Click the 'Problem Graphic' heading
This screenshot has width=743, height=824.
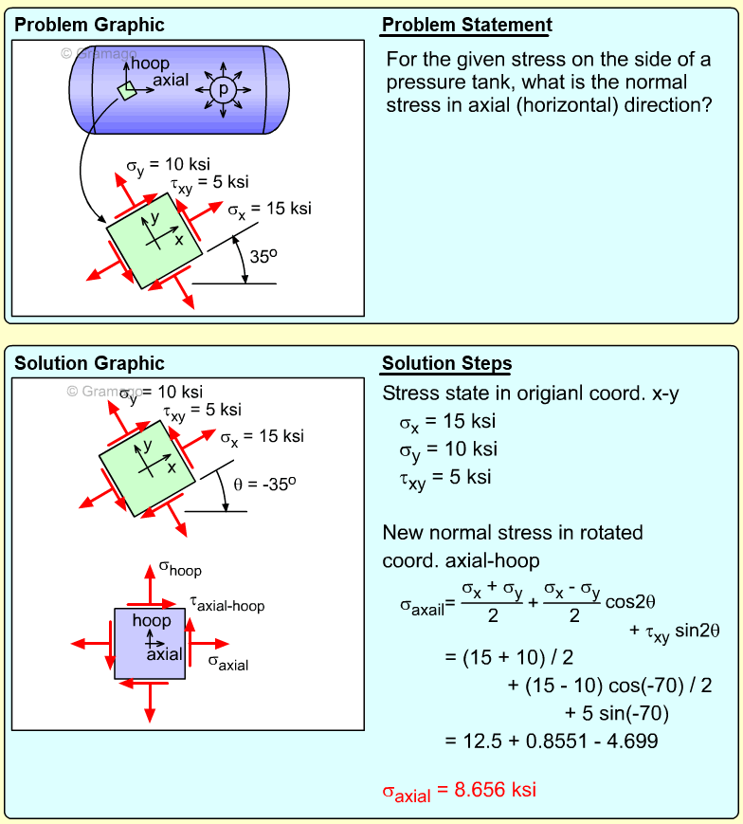(89, 26)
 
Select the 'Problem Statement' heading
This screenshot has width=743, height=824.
(467, 26)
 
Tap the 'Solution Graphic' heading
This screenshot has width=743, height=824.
(89, 363)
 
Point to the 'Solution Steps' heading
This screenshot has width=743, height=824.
(446, 364)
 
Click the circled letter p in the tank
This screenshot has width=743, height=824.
(224, 89)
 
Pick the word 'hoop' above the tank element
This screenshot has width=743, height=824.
(151, 64)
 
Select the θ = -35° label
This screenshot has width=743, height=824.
(265, 483)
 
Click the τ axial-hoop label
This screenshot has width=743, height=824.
(227, 603)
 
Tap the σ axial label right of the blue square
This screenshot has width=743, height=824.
(227, 663)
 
